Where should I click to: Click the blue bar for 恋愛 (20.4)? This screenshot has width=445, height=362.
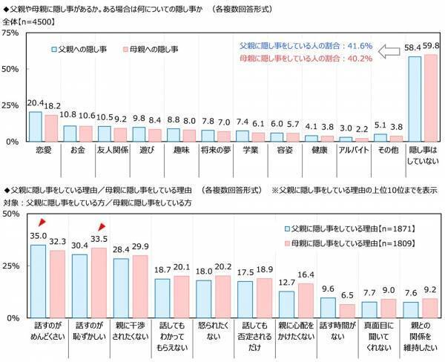(x=35, y=126)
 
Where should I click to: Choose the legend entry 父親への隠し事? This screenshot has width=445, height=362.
(x=78, y=50)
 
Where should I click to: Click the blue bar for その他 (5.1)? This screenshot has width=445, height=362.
(x=380, y=136)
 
